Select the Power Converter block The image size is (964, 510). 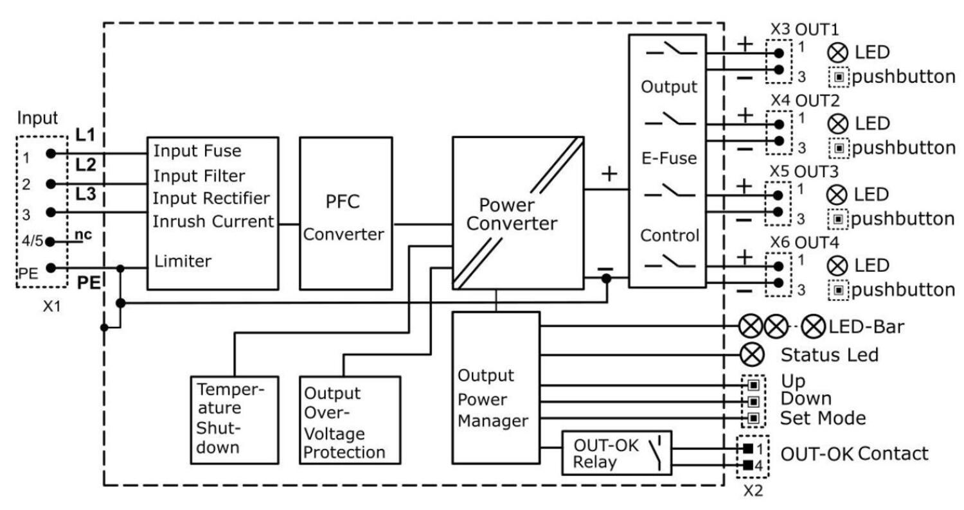pyautogui.click(x=518, y=215)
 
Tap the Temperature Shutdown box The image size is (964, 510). pyautogui.click(x=235, y=419)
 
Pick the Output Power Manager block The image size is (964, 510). pyautogui.click(x=495, y=387)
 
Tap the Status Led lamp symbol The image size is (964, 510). pyautogui.click(x=752, y=354)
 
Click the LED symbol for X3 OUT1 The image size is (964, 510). pyautogui.click(x=839, y=52)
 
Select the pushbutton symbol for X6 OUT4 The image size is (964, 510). pyautogui.click(x=839, y=290)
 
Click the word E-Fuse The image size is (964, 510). pyautogui.click(x=669, y=157)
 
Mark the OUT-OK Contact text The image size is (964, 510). pyautogui.click(x=854, y=453)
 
